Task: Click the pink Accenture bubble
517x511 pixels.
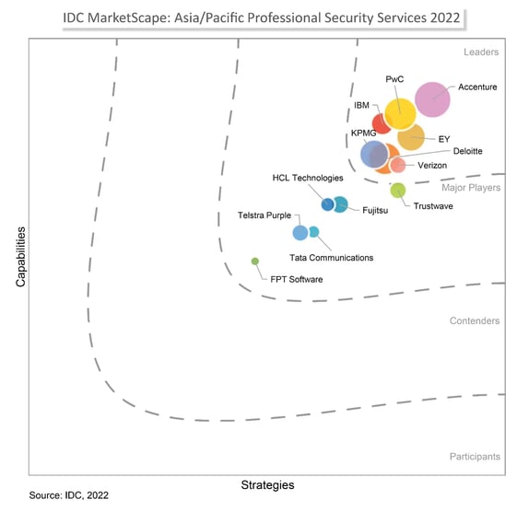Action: (x=432, y=100)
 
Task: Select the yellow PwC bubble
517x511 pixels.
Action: (x=399, y=113)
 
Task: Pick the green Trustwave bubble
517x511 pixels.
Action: (x=398, y=191)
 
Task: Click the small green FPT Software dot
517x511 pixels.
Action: (x=255, y=261)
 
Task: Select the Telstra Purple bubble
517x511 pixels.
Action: (x=300, y=232)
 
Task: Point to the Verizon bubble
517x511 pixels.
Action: (x=398, y=166)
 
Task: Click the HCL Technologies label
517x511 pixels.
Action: (x=307, y=178)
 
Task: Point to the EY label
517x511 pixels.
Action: (x=443, y=139)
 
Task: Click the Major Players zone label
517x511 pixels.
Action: (x=471, y=188)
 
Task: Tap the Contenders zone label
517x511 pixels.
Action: (x=475, y=321)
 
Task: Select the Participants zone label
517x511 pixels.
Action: (x=475, y=457)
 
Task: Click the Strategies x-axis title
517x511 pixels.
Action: (x=267, y=484)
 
